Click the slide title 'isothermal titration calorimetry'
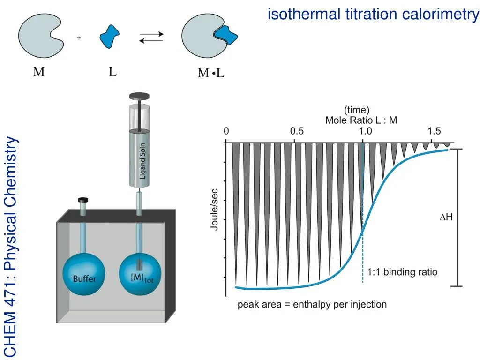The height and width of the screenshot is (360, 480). click(373, 14)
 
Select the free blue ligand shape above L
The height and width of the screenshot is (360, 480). click(109, 36)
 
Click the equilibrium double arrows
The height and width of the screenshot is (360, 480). click(151, 37)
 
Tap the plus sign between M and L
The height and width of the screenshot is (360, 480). click(79, 38)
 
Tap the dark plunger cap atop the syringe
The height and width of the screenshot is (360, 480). click(139, 97)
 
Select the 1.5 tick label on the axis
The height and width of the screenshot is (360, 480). click(434, 131)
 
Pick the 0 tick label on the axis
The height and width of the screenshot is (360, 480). click(226, 131)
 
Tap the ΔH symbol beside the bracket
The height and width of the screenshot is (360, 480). click(445, 217)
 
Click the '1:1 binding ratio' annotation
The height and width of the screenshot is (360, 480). click(402, 272)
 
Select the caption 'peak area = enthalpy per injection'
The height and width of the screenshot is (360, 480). click(312, 304)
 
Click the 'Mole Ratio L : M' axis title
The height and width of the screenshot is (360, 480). click(361, 120)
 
